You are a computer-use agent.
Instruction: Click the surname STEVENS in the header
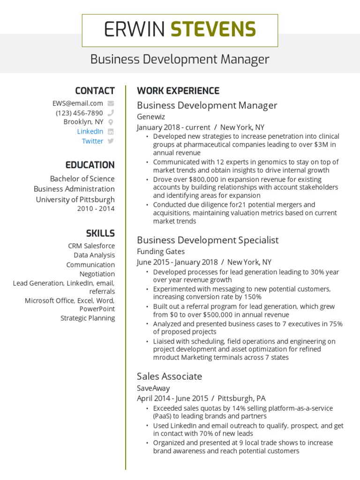tap(213, 30)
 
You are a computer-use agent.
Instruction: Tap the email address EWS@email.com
tap(78, 103)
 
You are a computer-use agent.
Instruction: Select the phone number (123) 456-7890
tap(79, 113)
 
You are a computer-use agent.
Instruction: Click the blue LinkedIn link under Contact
tap(90, 131)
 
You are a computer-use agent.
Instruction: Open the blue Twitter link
tap(92, 141)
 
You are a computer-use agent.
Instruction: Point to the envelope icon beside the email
tap(111, 103)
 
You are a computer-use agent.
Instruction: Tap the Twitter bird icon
tap(111, 141)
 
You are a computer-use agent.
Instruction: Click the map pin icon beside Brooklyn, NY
tap(111, 122)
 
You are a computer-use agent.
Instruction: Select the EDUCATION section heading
tap(90, 165)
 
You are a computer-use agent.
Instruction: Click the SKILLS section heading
tap(100, 233)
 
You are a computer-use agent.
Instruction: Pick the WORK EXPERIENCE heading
tap(178, 91)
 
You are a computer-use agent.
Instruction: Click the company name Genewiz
tap(151, 116)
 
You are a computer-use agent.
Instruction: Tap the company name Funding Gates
tap(161, 251)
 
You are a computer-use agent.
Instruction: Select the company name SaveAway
tap(153, 388)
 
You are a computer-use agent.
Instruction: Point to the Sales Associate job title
tap(169, 376)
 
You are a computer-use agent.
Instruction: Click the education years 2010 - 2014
tap(96, 209)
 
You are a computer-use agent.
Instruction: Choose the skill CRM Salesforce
tap(91, 246)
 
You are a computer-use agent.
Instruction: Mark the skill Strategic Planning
tap(88, 318)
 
